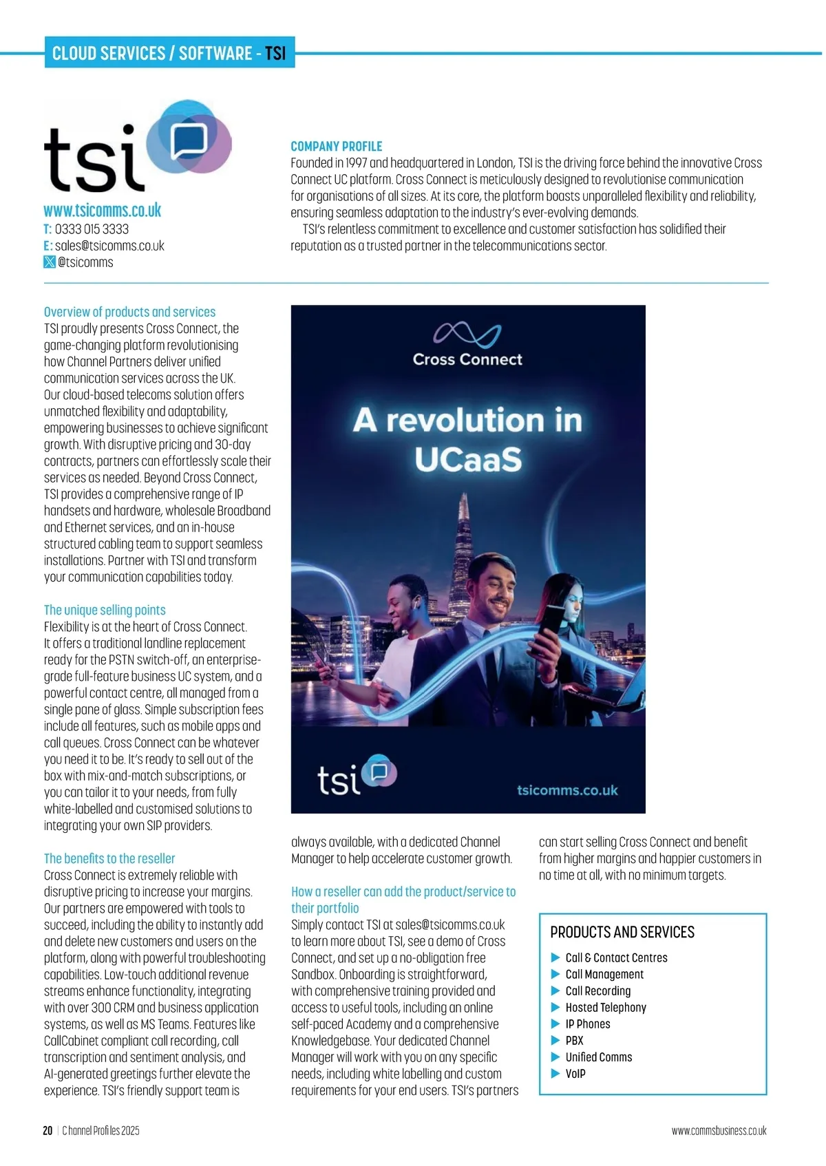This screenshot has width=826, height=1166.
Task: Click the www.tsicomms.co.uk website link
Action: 103,210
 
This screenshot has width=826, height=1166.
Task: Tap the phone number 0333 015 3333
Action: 92,229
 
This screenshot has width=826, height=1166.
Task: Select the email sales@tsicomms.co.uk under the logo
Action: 109,246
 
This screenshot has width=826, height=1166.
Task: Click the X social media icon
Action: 50,262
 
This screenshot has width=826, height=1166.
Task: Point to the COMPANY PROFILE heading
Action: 336,147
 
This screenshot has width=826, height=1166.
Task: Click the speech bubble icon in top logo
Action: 189,141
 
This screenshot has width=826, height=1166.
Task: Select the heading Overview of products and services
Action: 129,312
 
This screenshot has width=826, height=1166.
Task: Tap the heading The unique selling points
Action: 105,610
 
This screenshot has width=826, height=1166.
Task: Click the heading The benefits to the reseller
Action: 109,858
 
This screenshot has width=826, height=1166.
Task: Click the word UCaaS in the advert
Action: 468,460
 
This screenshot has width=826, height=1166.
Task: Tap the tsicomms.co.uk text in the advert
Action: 567,790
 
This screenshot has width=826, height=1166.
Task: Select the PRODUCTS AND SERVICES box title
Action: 622,932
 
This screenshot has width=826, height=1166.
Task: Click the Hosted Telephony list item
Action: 606,1008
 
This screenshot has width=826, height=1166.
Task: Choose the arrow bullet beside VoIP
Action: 555,1074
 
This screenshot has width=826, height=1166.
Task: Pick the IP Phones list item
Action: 588,1024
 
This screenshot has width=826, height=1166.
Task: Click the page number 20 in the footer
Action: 47,1130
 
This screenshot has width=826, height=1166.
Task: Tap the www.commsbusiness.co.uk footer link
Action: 719,1130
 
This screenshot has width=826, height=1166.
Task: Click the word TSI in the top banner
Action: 275,53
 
